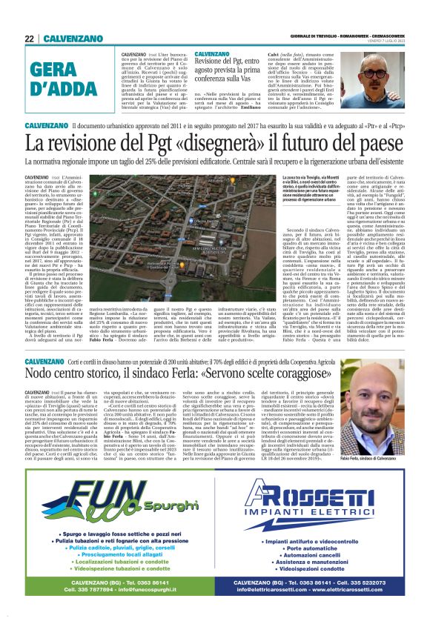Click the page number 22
coord(29,39)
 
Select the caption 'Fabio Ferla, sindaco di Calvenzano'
coord(385,459)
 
